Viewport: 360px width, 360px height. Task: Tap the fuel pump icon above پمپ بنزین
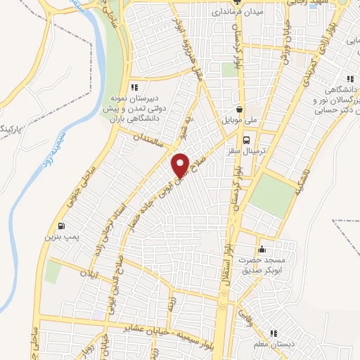coord(62,226)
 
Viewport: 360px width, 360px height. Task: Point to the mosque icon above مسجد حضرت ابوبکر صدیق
coord(262,248)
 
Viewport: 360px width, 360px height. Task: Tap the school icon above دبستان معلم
coord(274,333)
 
